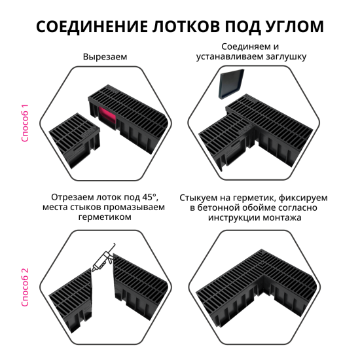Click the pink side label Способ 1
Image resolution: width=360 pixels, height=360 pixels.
click(26, 122)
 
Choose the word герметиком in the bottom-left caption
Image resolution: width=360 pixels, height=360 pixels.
click(105, 219)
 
